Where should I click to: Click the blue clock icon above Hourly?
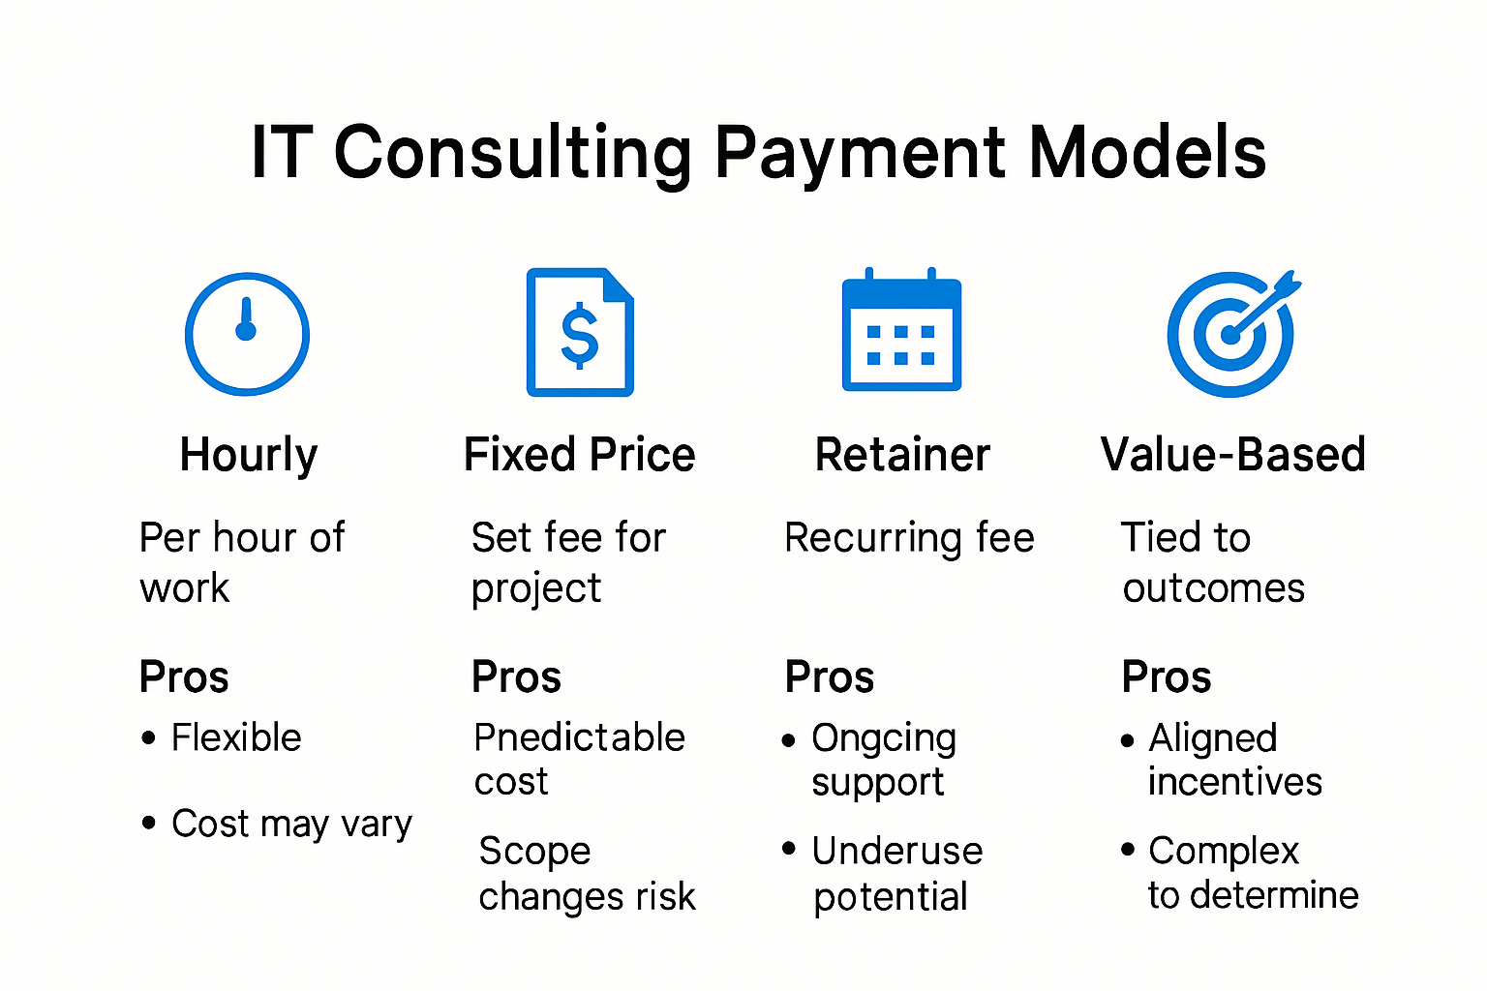(247, 334)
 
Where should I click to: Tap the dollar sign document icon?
(580, 333)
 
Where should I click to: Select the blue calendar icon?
(901, 332)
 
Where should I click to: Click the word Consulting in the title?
(513, 153)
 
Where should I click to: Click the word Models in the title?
(1147, 153)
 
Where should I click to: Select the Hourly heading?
(249, 456)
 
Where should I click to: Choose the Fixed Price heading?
(579, 455)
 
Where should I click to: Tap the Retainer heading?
(902, 455)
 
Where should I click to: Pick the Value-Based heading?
(1232, 455)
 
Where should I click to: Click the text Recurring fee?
(909, 538)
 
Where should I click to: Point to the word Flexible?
(236, 737)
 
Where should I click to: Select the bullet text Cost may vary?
(291, 824)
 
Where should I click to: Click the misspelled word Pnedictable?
(579, 737)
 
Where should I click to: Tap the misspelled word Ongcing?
(884, 739)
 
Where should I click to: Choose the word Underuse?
(897, 851)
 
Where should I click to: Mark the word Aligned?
(1212, 739)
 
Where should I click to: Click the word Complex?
(1224, 852)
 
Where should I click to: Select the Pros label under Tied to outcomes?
(1166, 677)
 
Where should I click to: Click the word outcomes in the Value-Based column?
(1214, 588)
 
